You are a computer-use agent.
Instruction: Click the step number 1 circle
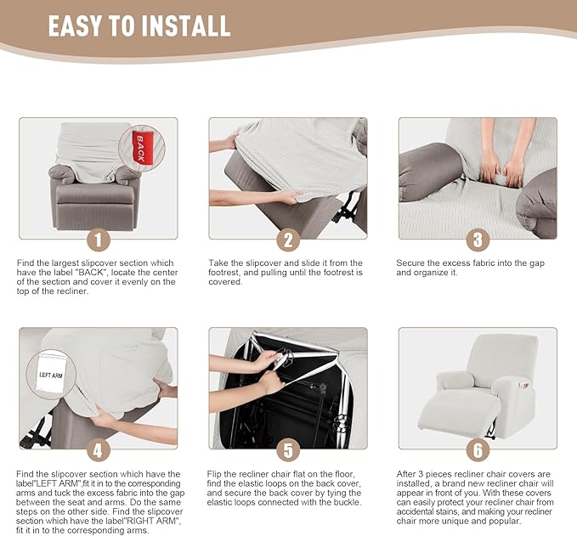(99, 240)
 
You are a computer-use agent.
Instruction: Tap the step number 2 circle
(289, 240)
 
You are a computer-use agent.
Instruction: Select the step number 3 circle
(478, 240)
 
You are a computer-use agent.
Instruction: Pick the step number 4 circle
(99, 450)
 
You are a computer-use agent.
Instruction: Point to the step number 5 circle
(289, 450)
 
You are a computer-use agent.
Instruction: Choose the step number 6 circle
(478, 450)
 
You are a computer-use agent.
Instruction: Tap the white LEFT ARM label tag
(51, 374)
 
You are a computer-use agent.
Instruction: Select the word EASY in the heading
(75, 26)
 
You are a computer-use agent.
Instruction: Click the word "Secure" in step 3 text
(410, 263)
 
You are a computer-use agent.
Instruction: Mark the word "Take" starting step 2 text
(217, 263)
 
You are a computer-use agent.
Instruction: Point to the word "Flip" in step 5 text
(214, 474)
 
